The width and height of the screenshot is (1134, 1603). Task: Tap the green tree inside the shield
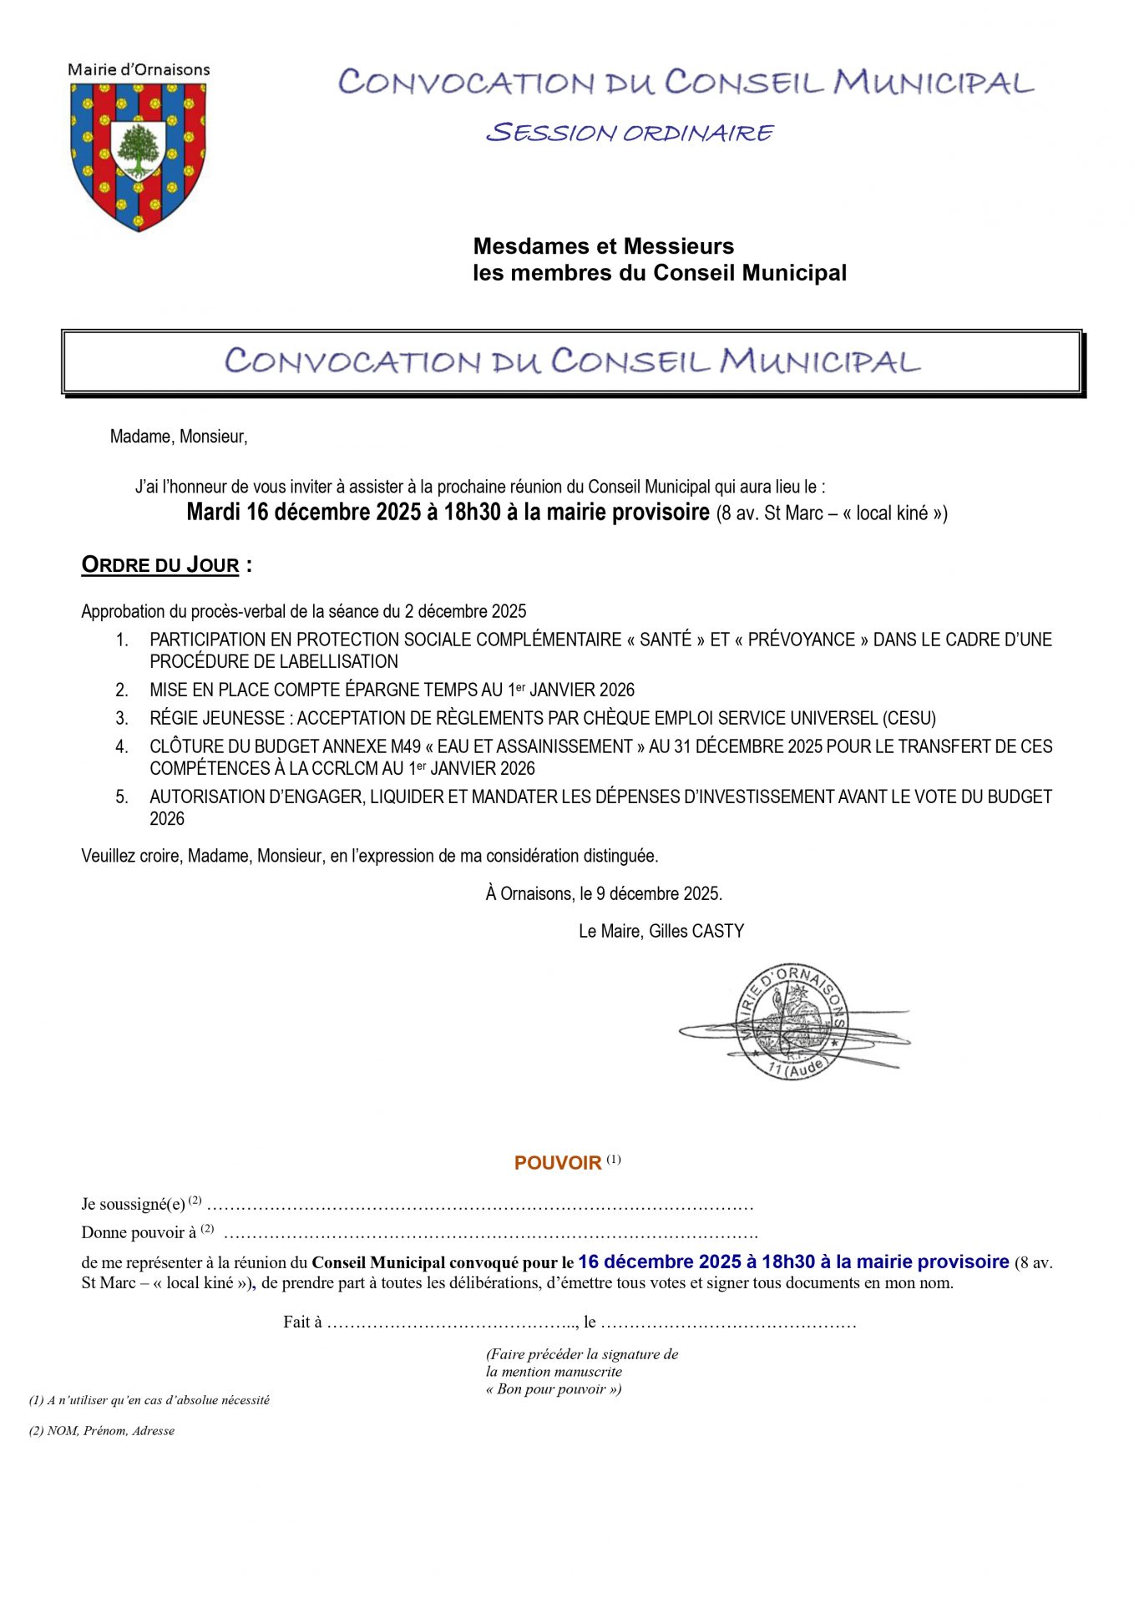tap(138, 150)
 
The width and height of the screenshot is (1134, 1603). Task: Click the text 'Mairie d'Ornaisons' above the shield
tap(139, 70)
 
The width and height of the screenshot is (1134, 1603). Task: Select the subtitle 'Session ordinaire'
tap(630, 133)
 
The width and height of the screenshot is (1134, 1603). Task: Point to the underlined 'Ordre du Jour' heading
tap(160, 565)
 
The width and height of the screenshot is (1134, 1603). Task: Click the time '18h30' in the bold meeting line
tap(473, 512)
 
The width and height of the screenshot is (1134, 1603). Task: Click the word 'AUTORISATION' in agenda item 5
tap(200, 796)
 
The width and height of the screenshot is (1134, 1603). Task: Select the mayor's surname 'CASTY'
tap(717, 931)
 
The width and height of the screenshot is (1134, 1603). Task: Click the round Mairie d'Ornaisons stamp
tap(791, 1020)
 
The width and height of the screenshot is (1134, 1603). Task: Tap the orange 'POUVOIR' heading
tap(558, 1163)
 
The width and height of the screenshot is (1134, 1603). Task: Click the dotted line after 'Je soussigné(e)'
tap(479, 1206)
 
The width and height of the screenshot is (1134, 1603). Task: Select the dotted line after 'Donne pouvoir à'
tap(490, 1233)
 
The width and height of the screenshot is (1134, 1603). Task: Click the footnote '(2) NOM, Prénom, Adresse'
tap(102, 1430)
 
